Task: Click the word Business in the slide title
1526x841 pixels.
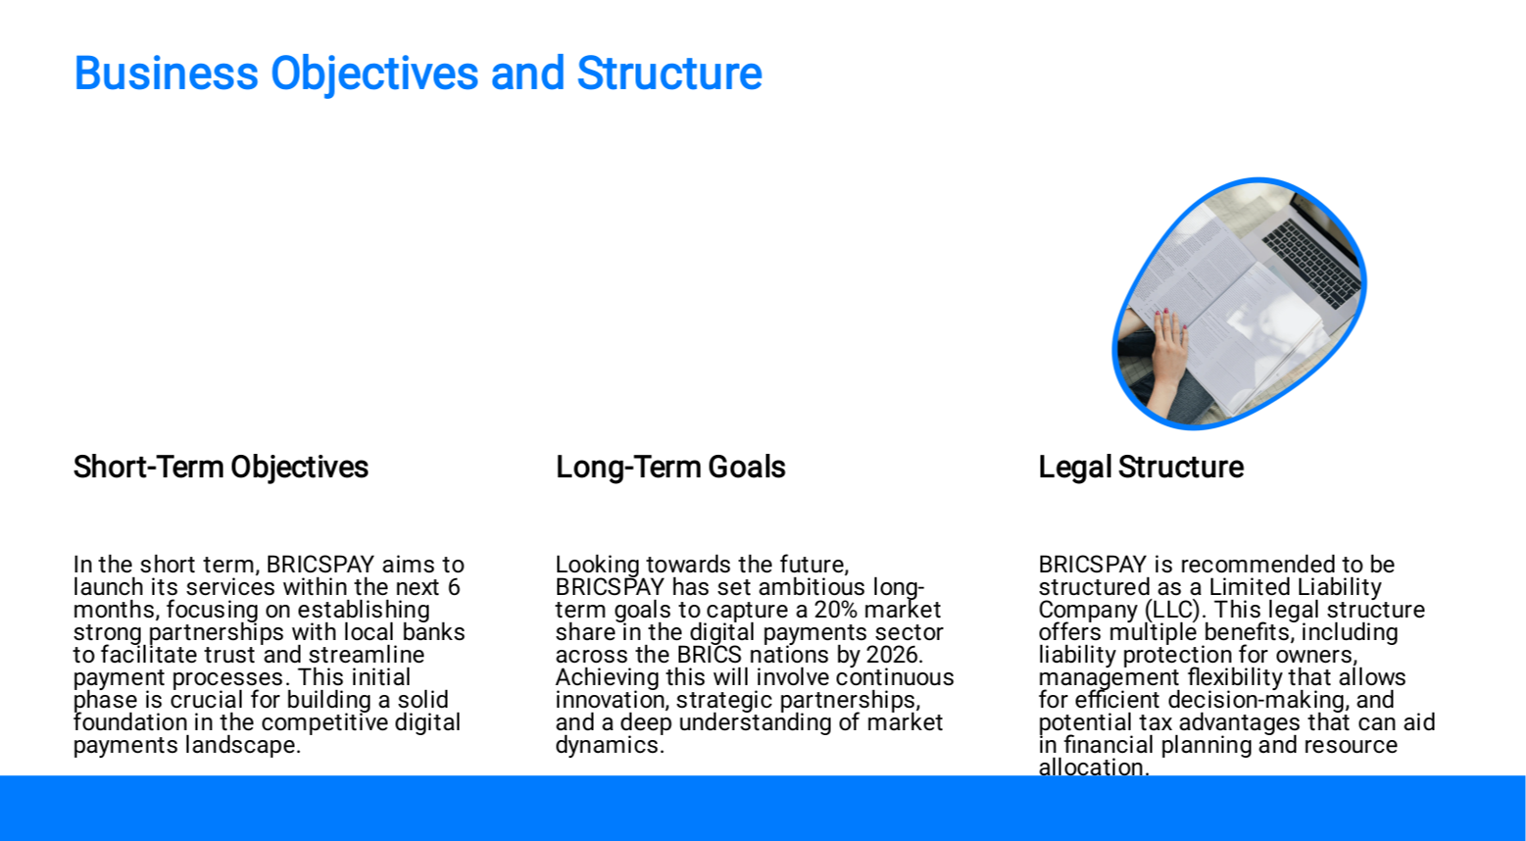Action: (x=167, y=73)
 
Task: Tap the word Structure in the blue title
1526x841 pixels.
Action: (x=669, y=73)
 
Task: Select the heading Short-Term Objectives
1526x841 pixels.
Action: (x=221, y=468)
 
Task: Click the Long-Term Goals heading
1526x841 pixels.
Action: (x=670, y=468)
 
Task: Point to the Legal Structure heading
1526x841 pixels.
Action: (x=1141, y=468)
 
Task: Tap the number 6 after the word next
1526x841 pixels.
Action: (x=454, y=587)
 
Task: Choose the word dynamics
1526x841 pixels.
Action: (x=610, y=746)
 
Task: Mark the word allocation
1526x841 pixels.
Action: (x=1094, y=767)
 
